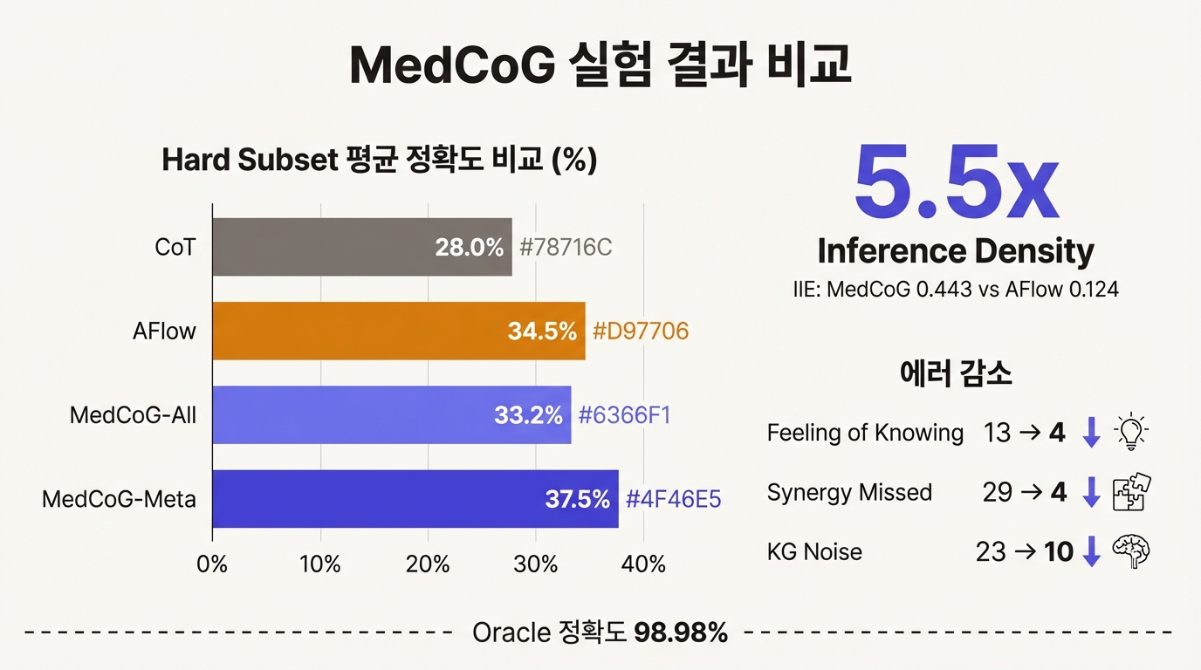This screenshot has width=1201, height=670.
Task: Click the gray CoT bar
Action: pos(362,248)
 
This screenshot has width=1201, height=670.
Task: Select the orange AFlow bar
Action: pos(399,332)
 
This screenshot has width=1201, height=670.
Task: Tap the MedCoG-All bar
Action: pos(392,415)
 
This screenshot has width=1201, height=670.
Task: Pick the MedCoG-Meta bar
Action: pos(415,499)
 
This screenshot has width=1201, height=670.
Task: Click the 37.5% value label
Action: pos(577,500)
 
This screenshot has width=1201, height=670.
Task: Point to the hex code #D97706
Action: pos(641,332)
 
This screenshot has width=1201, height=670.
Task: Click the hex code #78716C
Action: pos(566,248)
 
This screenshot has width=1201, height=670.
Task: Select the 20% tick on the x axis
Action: pos(428,564)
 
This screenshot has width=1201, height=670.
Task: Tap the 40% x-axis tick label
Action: pos(643,564)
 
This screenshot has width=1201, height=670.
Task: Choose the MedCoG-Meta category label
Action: pos(119,500)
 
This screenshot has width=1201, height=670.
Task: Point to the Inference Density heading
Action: pos(956,251)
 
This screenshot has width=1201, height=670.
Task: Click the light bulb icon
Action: pos(1132,433)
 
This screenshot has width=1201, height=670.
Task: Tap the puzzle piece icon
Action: pos(1132,492)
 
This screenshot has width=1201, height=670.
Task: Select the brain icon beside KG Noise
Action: pos(1132,551)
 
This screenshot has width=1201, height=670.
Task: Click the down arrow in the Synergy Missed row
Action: pos(1090,493)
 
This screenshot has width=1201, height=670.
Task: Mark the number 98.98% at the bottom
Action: pos(681,632)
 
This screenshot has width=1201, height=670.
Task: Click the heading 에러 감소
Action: pos(956,374)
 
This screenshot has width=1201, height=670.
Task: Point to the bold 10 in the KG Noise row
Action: pos(1059,552)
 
